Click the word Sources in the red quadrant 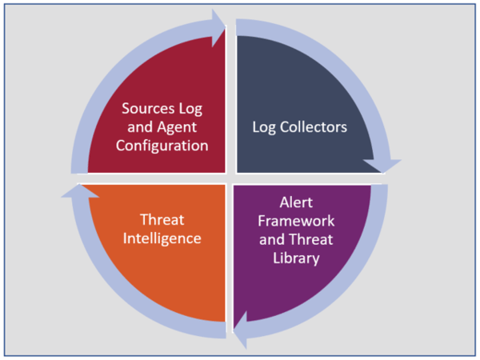pos(148,108)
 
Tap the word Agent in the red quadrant pos(177,127)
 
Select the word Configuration pos(162,146)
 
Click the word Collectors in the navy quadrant pos(314,127)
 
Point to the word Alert pos(296,202)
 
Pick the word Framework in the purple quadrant pos(296,221)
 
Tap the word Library pos(296,258)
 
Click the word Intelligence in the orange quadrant pos(162,238)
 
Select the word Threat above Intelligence pos(162,220)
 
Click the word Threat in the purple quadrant pos(310,240)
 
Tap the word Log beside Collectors pos(263,128)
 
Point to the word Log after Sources pos(190,109)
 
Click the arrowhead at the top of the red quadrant pos(218,27)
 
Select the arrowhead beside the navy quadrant pos(382,166)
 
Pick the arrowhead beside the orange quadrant pos(79,190)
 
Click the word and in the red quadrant pos(140,127)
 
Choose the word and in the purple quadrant pos(272,240)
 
